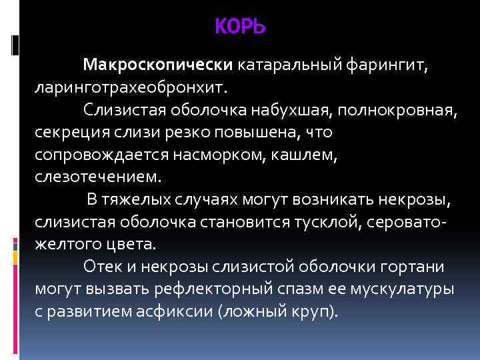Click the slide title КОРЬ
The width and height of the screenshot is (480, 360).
pos(240,27)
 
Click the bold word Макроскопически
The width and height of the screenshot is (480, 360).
pos(157,65)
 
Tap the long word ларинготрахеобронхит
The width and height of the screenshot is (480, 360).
pos(131,87)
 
